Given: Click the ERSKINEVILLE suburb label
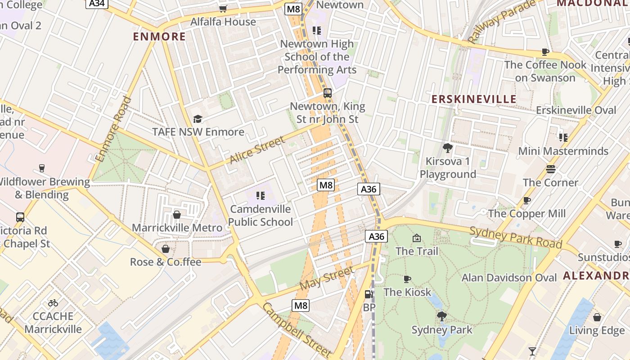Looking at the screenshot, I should click(474, 99).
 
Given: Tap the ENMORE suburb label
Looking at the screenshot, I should click(159, 36).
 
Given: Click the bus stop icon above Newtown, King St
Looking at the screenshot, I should click(328, 93).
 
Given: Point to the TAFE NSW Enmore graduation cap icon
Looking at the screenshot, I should click(198, 119).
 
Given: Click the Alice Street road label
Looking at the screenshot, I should click(257, 150).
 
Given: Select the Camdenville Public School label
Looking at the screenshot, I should click(261, 216).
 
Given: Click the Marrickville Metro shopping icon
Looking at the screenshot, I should click(177, 215).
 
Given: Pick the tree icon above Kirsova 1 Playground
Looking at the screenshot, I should click(447, 148).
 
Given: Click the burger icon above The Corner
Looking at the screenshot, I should click(551, 169).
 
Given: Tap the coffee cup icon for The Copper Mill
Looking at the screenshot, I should click(527, 200).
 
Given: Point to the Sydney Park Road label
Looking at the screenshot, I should click(516, 238).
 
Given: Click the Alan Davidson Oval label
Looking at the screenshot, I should click(509, 278).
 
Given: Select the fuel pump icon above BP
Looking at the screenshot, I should click(369, 294).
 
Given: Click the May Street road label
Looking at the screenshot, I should click(326, 278).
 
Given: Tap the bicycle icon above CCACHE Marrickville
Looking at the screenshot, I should click(53, 302).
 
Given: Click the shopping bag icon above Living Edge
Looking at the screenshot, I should click(597, 317).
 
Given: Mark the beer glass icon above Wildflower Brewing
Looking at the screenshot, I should click(42, 168).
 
